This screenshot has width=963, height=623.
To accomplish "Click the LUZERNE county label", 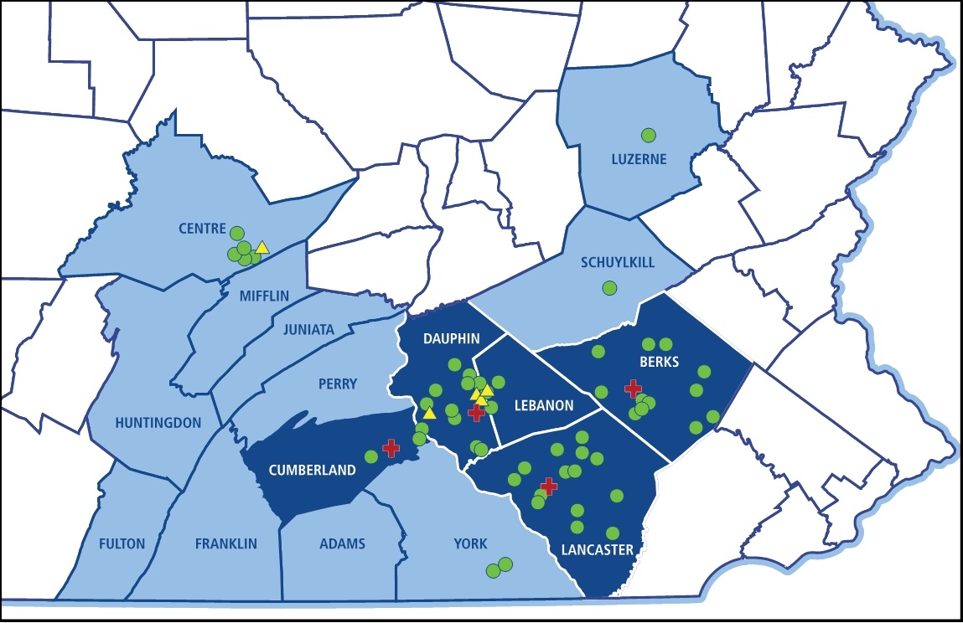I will point(639,158).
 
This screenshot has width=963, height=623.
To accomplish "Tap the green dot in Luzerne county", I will point(648,135).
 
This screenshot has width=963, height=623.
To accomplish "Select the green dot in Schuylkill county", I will point(609,288).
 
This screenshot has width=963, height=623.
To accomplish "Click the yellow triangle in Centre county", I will point(262,247).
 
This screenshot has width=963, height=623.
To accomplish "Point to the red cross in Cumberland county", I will point(391,448).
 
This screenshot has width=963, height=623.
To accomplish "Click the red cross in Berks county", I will point(634,388).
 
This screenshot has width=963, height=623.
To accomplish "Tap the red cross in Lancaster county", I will point(549,487).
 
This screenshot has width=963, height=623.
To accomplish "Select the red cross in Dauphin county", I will point(476,412).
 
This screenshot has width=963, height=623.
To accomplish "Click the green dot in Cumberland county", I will point(371,457).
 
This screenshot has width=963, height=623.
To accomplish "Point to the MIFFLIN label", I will point(264,296).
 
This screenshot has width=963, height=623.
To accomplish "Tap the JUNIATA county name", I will point(308,329).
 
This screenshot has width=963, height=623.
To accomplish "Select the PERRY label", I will point(337,384).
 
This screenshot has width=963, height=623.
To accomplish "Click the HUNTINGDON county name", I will point(159,423).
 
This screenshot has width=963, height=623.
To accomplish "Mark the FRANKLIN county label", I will point(225,543).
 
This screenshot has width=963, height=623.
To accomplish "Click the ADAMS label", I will point(342,543).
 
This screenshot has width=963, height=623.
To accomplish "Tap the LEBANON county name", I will point(544,405).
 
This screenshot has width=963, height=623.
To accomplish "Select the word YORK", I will point(470,543).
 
